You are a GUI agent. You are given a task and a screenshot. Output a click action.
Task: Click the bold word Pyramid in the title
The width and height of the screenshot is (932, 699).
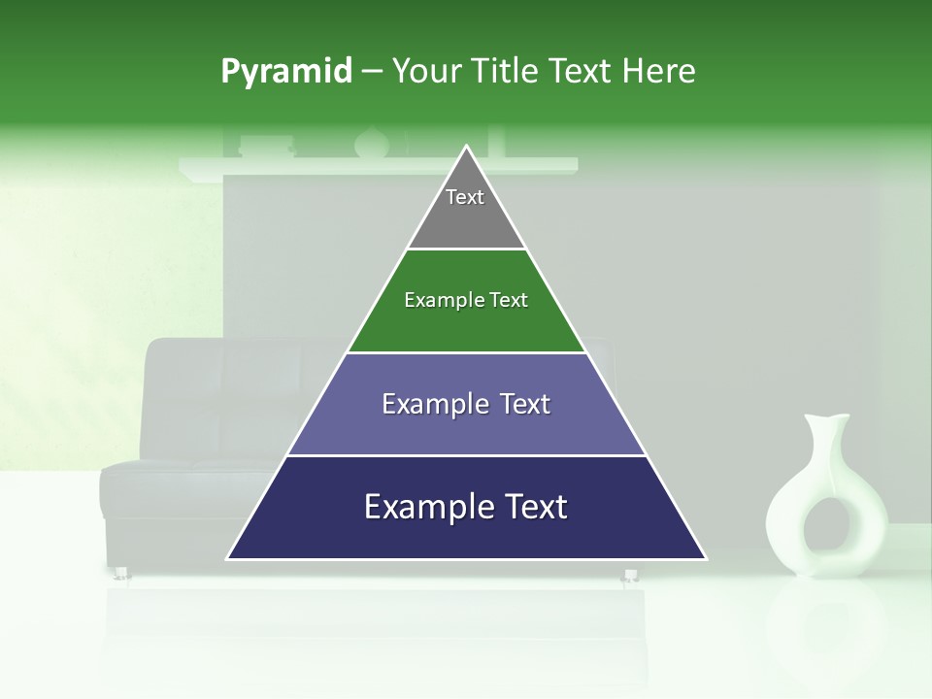click(285, 71)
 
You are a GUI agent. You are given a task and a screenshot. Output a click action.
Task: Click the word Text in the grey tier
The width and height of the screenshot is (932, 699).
click(465, 197)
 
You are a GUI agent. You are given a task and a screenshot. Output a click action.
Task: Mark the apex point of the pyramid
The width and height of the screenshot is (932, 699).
click(467, 147)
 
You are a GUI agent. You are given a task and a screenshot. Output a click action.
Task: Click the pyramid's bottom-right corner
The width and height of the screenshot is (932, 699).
click(705, 558)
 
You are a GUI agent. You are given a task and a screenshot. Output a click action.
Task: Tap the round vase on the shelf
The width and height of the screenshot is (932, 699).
click(371, 143)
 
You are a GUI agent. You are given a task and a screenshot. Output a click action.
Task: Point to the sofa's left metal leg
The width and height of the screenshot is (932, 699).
click(122, 573)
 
